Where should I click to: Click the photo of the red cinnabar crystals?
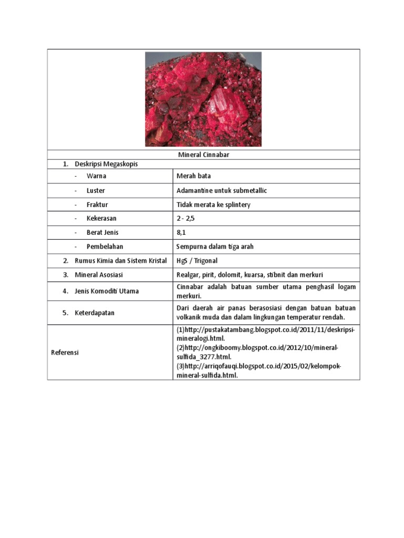[203, 99]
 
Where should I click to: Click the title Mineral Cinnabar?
[203, 155]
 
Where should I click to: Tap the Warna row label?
[96, 176]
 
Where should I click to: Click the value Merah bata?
[194, 176]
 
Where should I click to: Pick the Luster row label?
[96, 190]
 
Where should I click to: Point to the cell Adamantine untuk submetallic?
[221, 190]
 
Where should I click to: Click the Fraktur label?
[97, 204]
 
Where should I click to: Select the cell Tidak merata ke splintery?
[214, 204]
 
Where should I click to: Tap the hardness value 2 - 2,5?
[187, 218]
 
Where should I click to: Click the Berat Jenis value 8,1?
[182, 232]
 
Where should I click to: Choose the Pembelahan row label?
[105, 246]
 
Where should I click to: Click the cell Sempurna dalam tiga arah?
[215, 246]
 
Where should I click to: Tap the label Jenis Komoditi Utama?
[107, 291]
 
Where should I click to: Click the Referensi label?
[65, 353]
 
